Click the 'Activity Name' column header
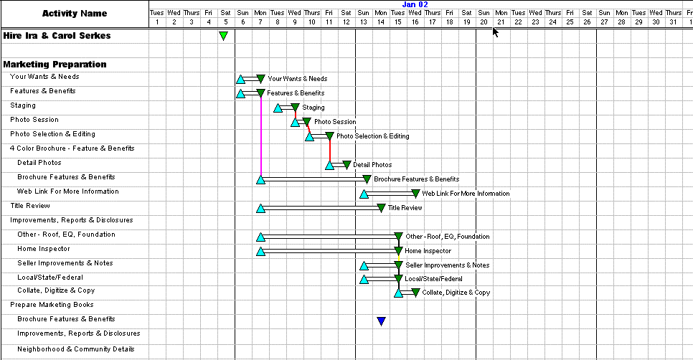(75, 14)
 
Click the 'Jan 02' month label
(415, 4)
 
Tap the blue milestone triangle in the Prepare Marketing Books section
(382, 321)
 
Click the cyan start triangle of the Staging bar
(278, 108)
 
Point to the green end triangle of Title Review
(381, 207)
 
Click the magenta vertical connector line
(260, 136)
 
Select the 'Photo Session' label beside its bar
(335, 122)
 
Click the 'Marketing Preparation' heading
(55, 65)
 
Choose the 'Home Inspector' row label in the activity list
(44, 249)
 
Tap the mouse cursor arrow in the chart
(495, 32)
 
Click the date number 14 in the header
(380, 22)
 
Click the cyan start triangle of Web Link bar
(364, 194)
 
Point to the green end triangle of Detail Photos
(347, 165)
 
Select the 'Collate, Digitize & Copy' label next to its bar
(456, 293)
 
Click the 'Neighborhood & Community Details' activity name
(76, 349)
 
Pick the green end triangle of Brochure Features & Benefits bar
(367, 179)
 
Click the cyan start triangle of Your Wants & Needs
(240, 80)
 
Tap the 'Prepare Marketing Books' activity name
(52, 305)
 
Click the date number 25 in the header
(570, 22)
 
